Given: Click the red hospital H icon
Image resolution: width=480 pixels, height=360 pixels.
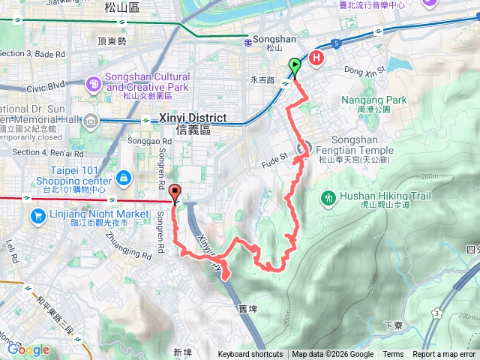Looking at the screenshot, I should [317, 58].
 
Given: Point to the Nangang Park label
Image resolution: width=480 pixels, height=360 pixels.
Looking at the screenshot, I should [373, 100].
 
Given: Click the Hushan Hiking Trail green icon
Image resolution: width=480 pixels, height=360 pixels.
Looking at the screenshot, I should [328, 197].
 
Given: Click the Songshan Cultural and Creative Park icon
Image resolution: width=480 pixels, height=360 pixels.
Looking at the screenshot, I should [94, 82].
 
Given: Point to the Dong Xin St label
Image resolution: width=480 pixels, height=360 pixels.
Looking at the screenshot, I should [364, 70].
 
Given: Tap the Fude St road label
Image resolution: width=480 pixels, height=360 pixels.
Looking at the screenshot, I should [274, 157].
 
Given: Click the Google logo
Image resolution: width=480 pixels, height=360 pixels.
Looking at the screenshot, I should [29, 349].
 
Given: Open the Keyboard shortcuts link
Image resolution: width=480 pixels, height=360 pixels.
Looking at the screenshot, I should [250, 355].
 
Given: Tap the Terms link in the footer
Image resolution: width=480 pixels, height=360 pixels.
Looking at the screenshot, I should [393, 355].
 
